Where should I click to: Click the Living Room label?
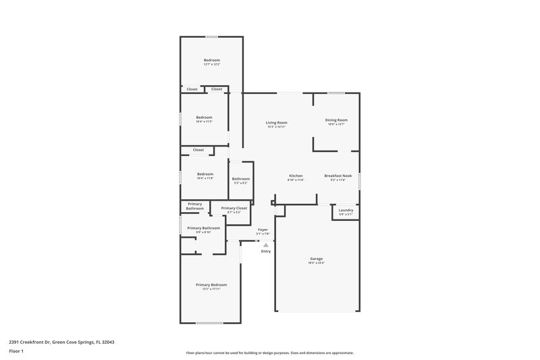click(277, 122)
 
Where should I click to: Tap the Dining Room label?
click(337, 120)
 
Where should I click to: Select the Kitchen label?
click(296, 176)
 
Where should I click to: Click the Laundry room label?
click(346, 210)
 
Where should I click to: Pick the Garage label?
click(316, 259)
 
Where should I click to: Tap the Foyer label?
click(263, 230)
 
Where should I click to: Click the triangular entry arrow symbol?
click(266, 245)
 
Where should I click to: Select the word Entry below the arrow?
click(266, 251)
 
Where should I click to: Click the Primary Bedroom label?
click(211, 285)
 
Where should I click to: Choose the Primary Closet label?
click(234, 208)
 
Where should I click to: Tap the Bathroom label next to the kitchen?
click(241, 179)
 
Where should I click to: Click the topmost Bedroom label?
click(212, 60)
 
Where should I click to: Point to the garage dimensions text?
click(316, 263)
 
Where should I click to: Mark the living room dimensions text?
click(277, 126)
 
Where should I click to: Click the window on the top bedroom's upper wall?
click(212, 36)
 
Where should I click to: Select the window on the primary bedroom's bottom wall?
click(209, 322)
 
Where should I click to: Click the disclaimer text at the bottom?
click(269, 353)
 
